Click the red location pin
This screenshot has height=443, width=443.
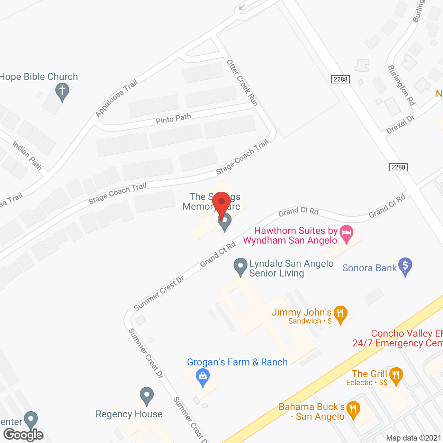click(221, 202)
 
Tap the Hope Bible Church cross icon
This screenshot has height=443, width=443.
click(62, 91)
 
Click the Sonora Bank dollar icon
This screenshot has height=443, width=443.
click(405, 266)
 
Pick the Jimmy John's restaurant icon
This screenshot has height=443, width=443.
click(341, 314)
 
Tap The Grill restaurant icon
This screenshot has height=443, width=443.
click(396, 375)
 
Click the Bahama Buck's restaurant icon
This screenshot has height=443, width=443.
click(353, 409)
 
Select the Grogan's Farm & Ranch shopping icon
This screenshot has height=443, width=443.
click(203, 376)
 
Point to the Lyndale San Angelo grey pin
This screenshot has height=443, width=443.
click(241, 266)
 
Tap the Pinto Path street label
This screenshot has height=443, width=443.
click(173, 118)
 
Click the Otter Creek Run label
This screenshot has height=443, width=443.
click(243, 83)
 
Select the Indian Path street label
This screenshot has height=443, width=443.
click(27, 155)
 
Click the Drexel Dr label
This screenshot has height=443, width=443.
click(400, 125)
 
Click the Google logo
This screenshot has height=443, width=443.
click(24, 435)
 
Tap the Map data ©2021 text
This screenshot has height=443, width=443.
click(414, 438)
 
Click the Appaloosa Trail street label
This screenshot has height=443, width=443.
click(117, 98)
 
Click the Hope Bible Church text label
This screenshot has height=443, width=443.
click(39, 76)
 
